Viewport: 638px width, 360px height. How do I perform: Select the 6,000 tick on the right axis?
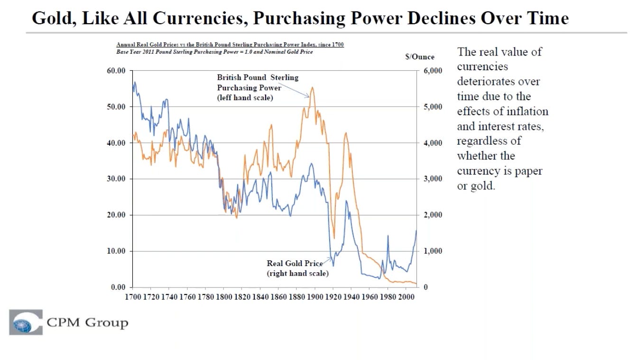[x=433, y=71]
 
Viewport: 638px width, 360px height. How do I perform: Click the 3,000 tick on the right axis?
[x=433, y=179]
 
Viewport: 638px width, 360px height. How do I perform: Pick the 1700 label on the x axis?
[x=132, y=297]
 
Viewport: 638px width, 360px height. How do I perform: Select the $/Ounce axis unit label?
[x=420, y=57]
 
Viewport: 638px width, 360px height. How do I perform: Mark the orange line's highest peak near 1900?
[x=312, y=87]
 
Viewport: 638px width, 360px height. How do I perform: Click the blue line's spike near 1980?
[x=388, y=236]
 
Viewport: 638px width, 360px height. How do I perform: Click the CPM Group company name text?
[x=87, y=323]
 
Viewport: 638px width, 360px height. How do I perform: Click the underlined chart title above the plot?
[x=230, y=45]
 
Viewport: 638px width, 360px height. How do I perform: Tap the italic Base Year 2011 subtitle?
[x=214, y=52]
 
